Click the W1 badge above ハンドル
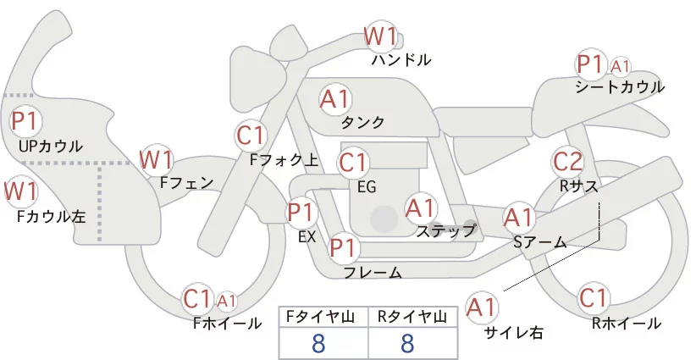(x=380, y=36)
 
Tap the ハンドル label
(x=401, y=60)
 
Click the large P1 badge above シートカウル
(x=589, y=64)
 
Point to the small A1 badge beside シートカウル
(x=621, y=65)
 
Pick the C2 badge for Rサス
(x=567, y=160)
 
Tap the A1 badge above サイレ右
(x=482, y=307)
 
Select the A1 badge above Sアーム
(x=518, y=217)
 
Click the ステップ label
(x=446, y=230)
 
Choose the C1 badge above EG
(x=353, y=162)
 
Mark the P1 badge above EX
(x=301, y=212)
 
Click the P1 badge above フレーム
(x=343, y=248)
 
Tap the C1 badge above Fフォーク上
(x=251, y=135)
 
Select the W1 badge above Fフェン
(x=156, y=158)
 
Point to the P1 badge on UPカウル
(x=25, y=120)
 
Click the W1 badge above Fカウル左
(x=20, y=191)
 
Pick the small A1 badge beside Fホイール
(x=227, y=300)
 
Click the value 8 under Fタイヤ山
(x=318, y=343)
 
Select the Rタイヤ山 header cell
(x=407, y=317)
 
